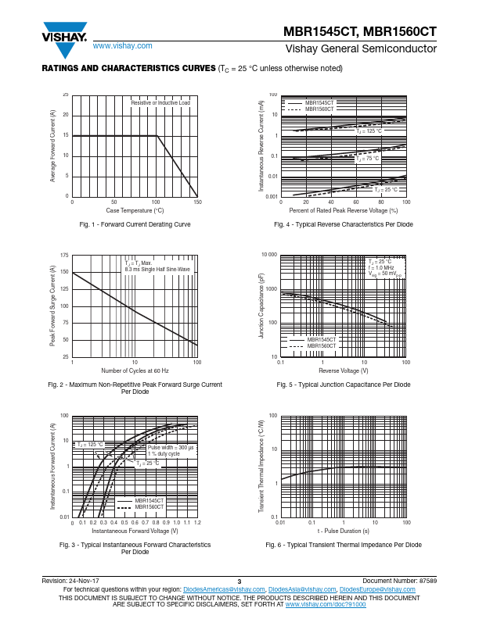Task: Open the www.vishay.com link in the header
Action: point(116,47)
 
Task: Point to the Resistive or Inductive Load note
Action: point(160,103)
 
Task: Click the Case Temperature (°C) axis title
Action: point(135,210)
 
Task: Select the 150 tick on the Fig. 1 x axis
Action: point(197,202)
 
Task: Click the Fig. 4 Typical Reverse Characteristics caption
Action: point(344,224)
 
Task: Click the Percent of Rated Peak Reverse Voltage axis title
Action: point(344,210)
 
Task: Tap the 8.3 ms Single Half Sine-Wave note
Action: point(157,269)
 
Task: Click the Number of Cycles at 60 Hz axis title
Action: point(135,370)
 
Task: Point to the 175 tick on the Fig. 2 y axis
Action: point(64,256)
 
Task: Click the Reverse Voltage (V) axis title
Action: point(344,370)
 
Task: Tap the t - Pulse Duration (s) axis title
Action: point(344,531)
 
